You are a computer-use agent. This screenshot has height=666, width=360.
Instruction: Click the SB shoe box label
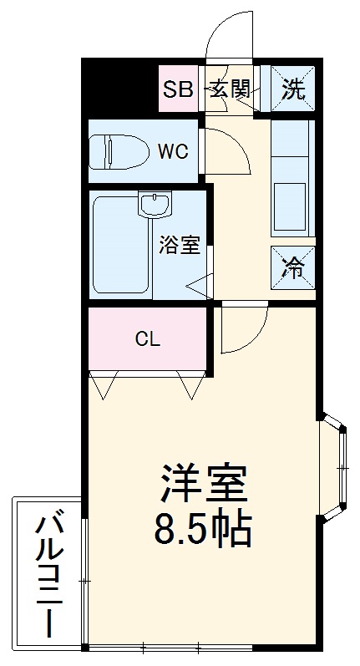click(x=177, y=89)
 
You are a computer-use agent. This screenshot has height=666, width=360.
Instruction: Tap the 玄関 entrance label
click(x=229, y=89)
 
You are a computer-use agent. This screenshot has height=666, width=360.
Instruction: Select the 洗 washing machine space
click(x=292, y=89)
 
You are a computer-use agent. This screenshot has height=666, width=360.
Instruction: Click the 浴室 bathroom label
click(x=179, y=245)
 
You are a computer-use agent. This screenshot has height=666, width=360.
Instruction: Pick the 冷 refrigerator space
click(x=292, y=267)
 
